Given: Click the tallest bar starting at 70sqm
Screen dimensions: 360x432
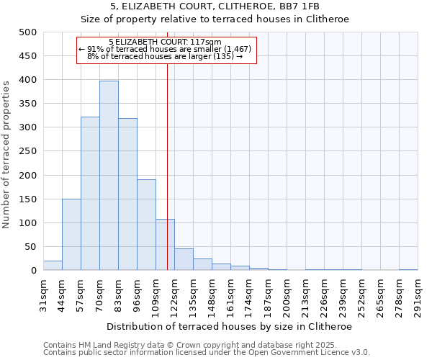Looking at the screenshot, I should (109, 176).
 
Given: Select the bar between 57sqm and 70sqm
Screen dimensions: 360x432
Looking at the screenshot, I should (90, 194).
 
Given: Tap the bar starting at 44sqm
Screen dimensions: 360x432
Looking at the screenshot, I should (71, 235).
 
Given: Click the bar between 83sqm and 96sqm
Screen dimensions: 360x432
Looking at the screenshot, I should (127, 194).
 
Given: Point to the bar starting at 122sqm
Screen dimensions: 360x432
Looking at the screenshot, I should (184, 260).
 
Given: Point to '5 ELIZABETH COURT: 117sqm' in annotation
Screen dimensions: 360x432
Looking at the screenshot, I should (165, 42).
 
